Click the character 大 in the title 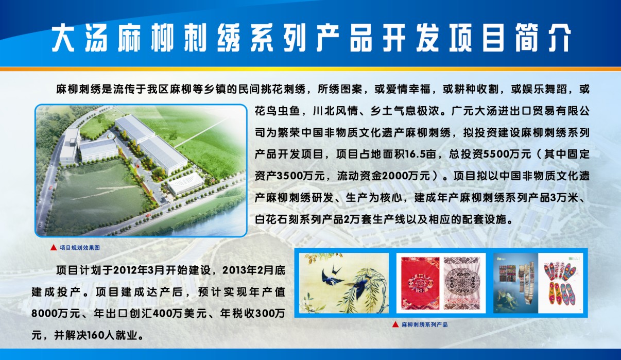tap(63, 38)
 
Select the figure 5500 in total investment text tap(495, 154)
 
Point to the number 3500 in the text tap(289, 176)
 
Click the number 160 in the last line tap(96, 336)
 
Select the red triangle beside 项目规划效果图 tap(54, 248)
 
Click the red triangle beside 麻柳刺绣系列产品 tap(395, 324)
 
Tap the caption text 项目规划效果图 tap(80, 248)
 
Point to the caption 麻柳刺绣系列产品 tap(425, 324)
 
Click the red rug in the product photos tap(420, 283)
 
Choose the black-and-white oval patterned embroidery tap(462, 283)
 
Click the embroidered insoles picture tap(560, 283)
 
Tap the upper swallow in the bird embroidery tap(332, 276)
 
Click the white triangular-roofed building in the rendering tap(186, 183)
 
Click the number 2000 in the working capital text tap(394, 176)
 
